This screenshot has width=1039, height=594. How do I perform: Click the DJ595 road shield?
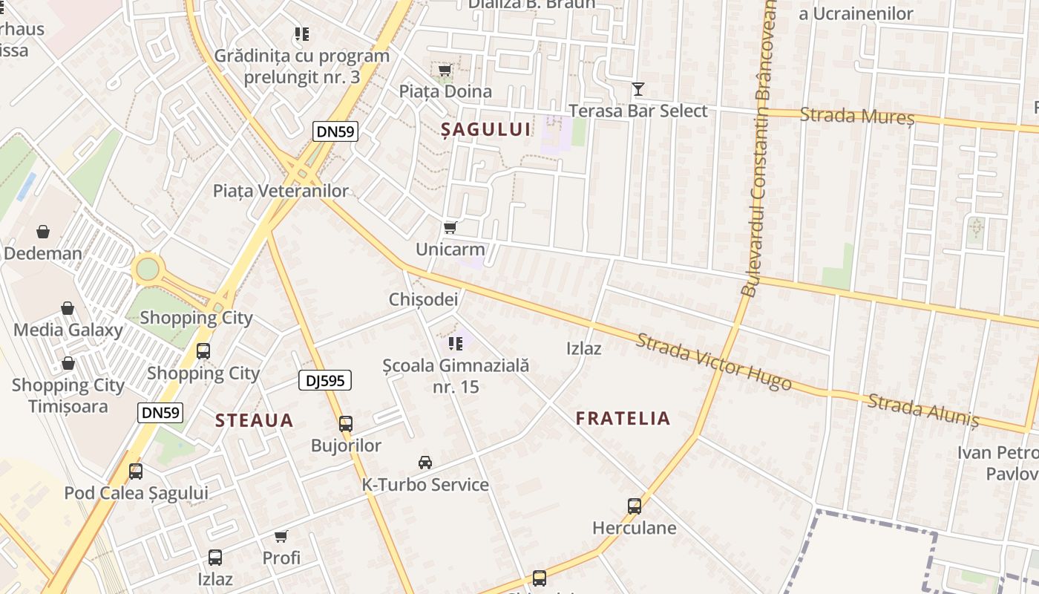point(324,381)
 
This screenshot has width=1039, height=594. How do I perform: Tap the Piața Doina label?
point(445,91)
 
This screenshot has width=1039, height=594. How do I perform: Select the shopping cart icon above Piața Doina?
point(445,71)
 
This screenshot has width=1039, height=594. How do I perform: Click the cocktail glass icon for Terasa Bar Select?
point(638,90)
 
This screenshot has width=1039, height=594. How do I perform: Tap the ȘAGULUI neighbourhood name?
point(486,130)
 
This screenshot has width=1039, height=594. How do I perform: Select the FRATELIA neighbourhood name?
point(623,419)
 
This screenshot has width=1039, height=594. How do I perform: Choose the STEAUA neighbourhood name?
point(255,421)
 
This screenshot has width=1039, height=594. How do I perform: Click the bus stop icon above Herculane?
point(635,506)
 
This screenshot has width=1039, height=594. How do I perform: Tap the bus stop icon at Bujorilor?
point(346,424)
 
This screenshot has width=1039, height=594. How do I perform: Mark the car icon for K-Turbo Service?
point(425,463)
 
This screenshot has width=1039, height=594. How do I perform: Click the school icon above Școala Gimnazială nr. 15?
point(456,343)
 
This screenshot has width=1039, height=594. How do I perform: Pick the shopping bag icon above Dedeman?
point(43,232)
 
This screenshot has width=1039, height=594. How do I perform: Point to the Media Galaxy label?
point(68,330)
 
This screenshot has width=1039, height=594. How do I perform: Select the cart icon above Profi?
point(281,536)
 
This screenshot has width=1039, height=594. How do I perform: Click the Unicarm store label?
point(450,249)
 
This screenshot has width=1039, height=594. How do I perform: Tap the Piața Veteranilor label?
point(281,191)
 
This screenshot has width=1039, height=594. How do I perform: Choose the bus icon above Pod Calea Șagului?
point(136,471)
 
